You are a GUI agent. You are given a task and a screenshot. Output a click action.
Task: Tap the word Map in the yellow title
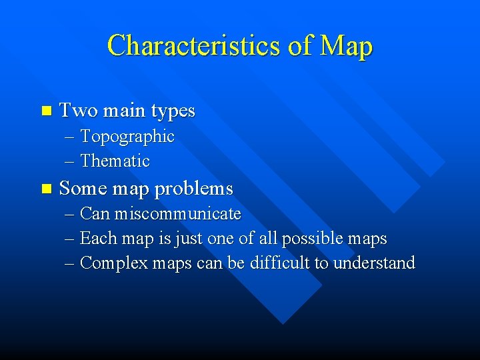[x=346, y=47]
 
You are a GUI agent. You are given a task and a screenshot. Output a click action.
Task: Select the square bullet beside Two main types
[x=45, y=111]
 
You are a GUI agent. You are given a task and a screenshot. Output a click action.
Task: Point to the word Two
[x=77, y=111]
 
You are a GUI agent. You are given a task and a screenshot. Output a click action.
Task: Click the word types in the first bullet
[x=172, y=111]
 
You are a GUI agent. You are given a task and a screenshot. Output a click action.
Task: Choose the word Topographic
[x=127, y=137]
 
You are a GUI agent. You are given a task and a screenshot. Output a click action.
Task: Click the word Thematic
[x=115, y=161]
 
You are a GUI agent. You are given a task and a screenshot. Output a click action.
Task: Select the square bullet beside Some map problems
[x=45, y=189]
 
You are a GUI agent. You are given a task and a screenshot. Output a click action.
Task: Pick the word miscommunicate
[x=177, y=214]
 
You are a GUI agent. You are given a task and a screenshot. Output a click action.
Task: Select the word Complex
[x=111, y=263]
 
